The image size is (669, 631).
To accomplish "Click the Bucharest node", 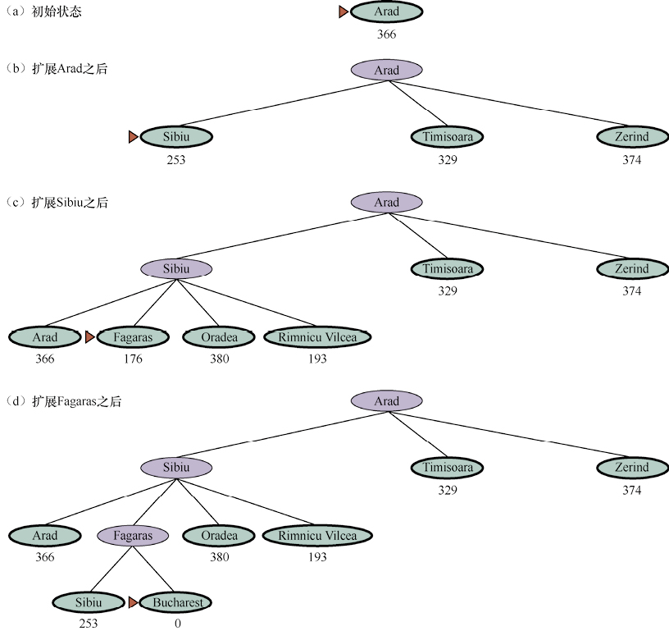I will pos(176,602).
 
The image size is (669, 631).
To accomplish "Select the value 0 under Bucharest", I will pos(177,624).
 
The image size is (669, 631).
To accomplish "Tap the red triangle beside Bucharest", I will pos(133,602).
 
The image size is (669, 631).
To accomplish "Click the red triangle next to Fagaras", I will pos(89,336).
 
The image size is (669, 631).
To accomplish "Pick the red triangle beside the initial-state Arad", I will pos(344,11).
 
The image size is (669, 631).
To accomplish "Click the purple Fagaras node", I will pos(133,536).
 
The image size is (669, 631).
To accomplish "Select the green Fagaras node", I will pos(133,336).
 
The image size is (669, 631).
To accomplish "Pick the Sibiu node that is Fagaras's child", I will pos(89,602).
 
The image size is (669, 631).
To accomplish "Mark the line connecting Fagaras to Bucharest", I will pos(155,569).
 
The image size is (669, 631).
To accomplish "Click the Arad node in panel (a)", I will pos(387,12).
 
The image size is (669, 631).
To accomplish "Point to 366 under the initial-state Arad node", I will pos(386,34).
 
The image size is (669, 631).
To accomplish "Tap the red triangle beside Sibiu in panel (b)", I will pos(133,137).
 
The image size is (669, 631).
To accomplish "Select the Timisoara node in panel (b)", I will pos(447,137).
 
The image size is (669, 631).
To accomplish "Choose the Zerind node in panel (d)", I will pos(631,468).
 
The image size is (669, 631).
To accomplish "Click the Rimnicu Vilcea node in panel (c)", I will pos(317,336).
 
